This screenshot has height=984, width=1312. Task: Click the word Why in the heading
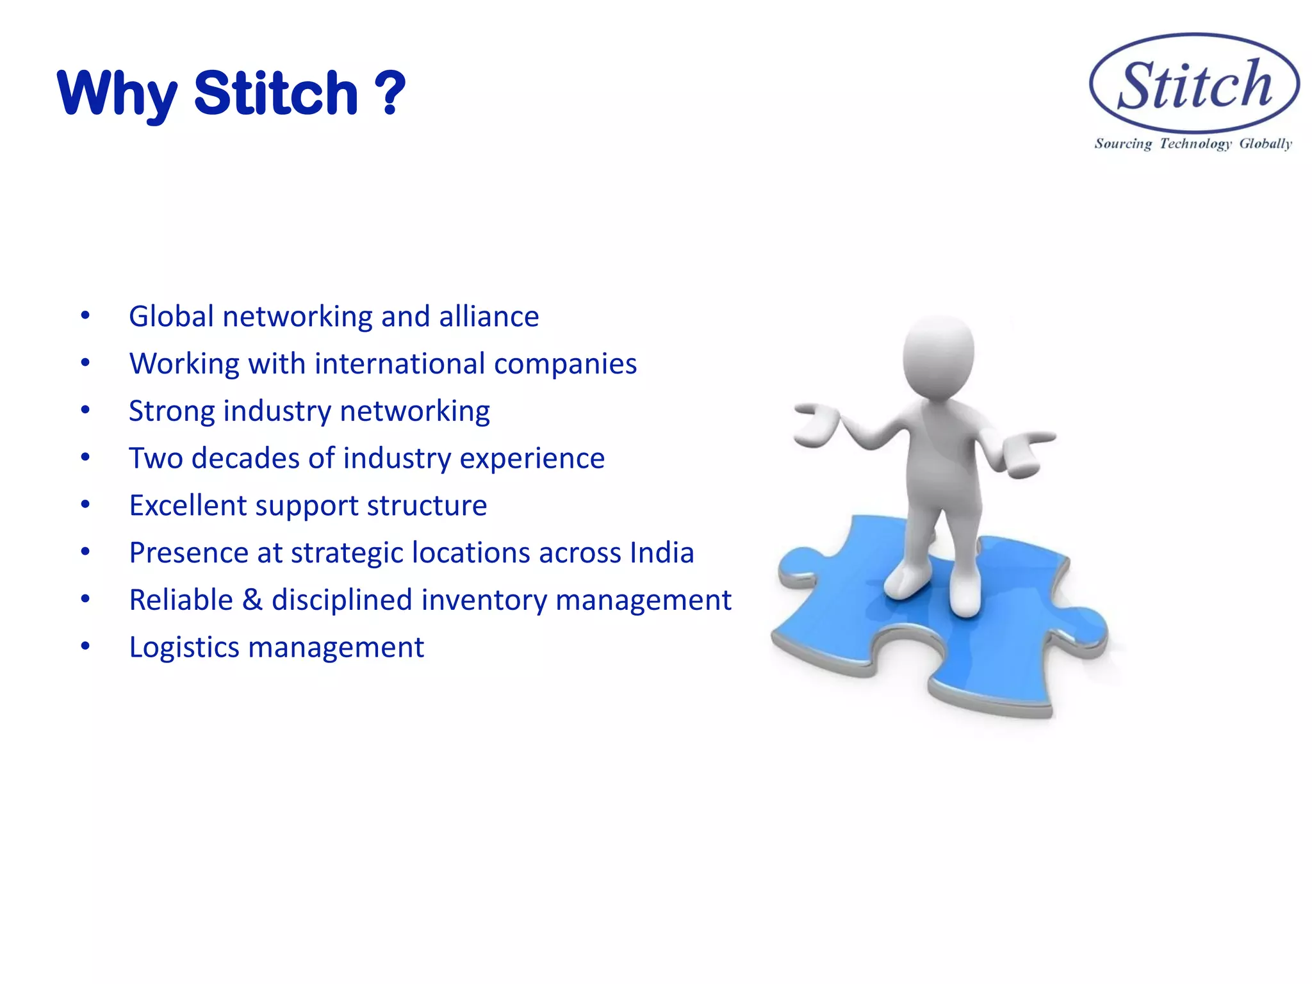click(117, 95)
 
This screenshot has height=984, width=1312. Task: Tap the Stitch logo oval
click(1194, 84)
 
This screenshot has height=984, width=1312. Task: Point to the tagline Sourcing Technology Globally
click(1193, 143)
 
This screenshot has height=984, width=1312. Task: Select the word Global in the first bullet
click(171, 316)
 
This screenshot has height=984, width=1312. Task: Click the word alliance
click(489, 316)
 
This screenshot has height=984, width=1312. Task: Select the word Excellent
click(188, 505)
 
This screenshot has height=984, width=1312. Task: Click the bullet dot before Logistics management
click(85, 646)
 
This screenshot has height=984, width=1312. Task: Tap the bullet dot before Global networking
click(85, 315)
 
